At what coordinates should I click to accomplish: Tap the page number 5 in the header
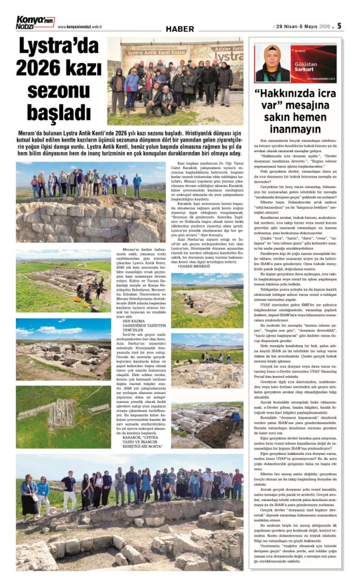(339, 26)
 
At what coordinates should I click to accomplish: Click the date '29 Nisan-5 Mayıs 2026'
(304, 26)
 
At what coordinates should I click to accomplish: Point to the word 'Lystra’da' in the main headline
(58, 47)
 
